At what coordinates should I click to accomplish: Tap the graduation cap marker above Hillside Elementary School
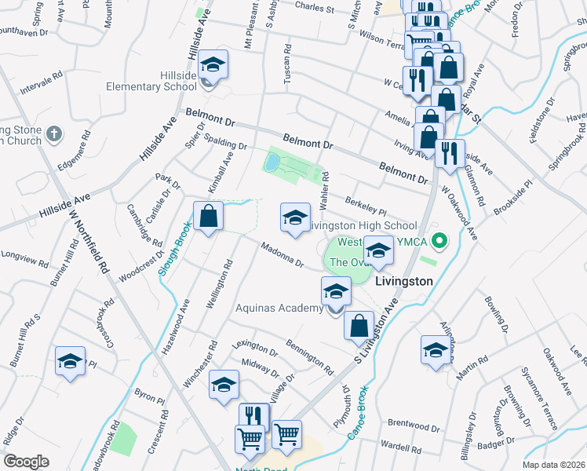211,64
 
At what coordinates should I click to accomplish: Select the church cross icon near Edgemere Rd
53,134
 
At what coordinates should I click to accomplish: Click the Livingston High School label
361,225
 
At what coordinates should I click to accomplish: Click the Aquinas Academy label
280,308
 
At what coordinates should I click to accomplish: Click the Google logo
27,461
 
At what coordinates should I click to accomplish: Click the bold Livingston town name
404,280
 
